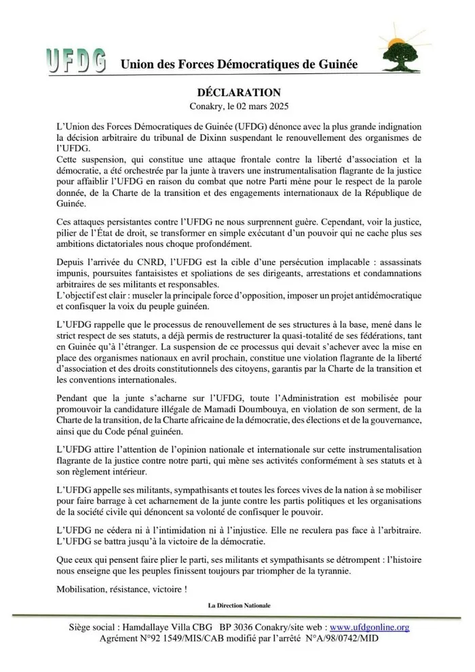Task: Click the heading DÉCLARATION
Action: (237, 92)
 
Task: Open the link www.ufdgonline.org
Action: (369, 628)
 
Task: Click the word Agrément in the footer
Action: (120, 639)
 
